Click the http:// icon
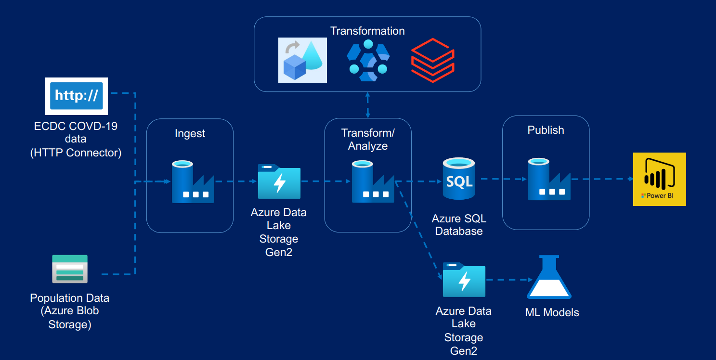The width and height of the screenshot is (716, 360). tap(76, 96)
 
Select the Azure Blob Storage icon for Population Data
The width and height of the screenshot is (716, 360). tap(70, 269)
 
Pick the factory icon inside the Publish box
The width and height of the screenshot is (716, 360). tap(549, 179)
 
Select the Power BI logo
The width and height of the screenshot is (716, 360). tap(659, 179)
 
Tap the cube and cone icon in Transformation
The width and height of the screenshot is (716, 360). tap(302, 60)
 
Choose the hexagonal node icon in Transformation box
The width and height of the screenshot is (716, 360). tap(368, 60)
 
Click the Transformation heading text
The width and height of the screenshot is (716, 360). tap(367, 31)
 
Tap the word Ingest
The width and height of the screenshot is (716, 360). tap(190, 133)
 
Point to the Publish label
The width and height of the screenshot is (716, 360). tap(546, 130)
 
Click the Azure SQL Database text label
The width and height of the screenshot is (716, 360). tap(459, 225)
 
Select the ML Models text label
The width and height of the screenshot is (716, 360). tap(552, 312)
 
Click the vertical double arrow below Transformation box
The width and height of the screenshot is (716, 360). tap(368, 105)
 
